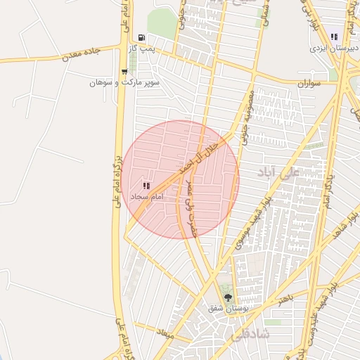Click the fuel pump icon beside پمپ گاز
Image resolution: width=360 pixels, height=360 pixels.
[x=142, y=37]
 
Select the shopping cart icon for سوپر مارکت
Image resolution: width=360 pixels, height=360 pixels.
[x=124, y=71]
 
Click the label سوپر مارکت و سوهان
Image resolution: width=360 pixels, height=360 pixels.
[x=125, y=82]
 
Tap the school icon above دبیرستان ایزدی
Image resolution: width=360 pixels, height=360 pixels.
[x=334, y=37]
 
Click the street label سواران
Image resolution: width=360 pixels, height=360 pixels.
[x=308, y=83]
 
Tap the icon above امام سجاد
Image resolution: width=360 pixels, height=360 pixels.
[x=146, y=186]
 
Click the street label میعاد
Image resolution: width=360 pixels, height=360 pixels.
[x=166, y=332]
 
